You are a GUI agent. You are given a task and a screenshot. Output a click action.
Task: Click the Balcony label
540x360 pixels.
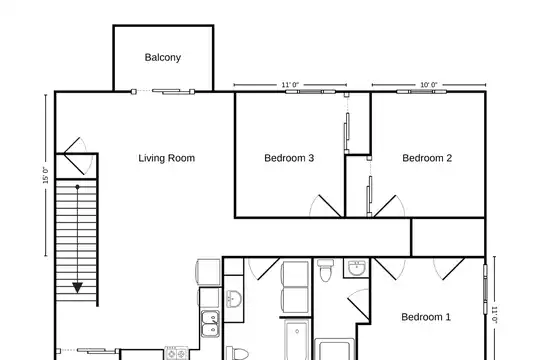click(163, 58)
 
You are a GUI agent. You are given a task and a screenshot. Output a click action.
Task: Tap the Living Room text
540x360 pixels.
click(167, 158)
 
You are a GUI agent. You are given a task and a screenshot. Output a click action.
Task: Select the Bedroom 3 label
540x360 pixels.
click(289, 158)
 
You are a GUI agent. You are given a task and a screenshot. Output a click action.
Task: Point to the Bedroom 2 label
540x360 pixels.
click(427, 158)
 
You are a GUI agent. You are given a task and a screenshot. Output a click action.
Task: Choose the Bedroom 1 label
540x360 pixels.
click(426, 317)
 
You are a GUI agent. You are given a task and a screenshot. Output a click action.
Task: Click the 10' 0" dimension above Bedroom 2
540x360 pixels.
click(429, 85)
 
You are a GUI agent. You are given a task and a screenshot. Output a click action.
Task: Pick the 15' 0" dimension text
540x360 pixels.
click(45, 175)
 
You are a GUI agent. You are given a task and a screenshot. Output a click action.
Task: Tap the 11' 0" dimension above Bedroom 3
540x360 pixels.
click(290, 85)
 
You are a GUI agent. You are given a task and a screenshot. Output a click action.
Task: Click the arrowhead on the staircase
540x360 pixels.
click(77, 288)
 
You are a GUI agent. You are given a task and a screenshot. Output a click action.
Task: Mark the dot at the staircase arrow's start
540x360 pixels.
click(77, 187)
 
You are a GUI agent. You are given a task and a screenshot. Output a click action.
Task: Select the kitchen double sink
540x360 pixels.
click(210, 324)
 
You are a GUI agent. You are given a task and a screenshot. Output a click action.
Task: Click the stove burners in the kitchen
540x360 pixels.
click(176, 353)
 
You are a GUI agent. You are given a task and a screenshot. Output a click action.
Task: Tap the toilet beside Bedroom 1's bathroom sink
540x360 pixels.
click(325, 270)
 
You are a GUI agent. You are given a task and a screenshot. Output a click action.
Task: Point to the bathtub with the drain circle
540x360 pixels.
click(297, 339)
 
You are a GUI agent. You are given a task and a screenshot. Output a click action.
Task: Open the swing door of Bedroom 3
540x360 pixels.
click(326, 206)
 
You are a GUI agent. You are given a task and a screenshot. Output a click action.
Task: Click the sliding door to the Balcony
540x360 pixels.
click(163, 92)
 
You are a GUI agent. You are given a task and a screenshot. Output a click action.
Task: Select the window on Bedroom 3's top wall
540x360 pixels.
click(310, 92)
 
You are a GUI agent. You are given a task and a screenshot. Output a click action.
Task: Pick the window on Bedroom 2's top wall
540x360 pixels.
click(422, 92)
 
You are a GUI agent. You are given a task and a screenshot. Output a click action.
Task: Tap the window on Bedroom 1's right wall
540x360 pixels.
click(485, 289)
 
